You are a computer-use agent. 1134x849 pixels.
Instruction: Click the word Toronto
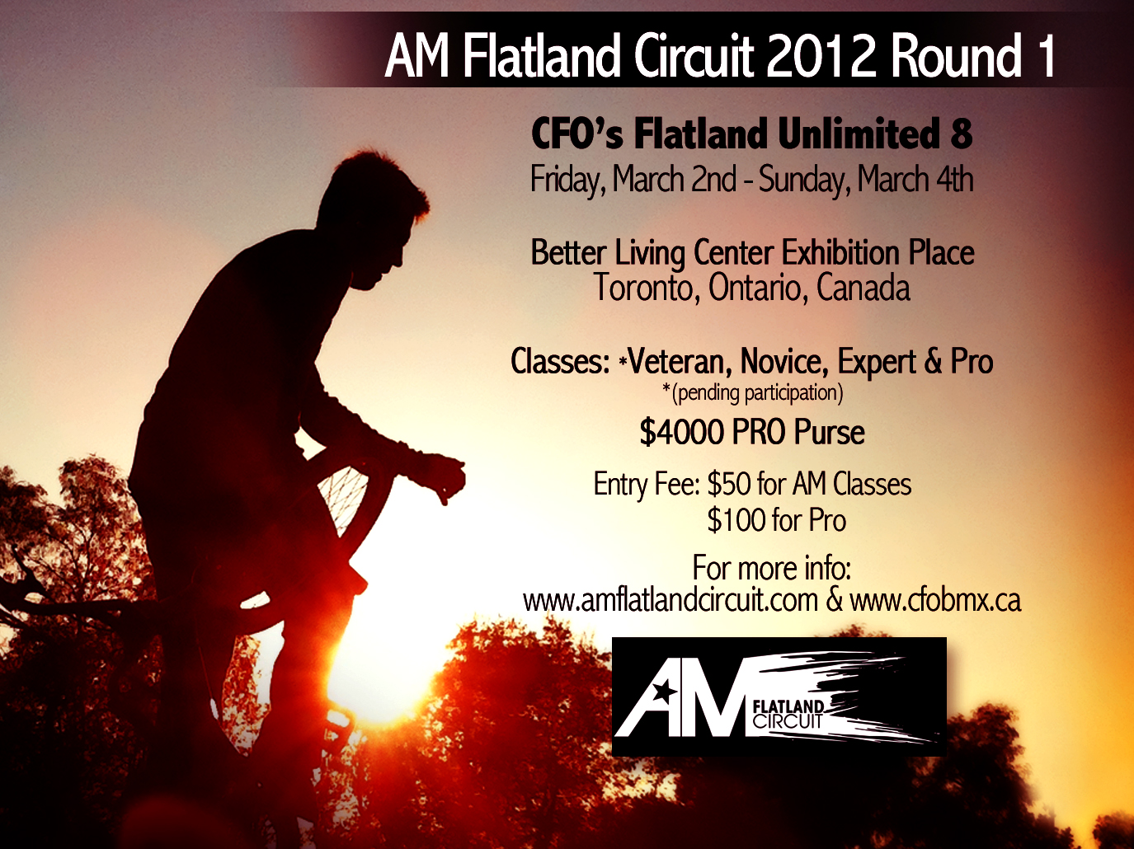[x=644, y=288]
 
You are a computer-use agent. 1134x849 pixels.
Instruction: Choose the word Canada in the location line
[x=863, y=288]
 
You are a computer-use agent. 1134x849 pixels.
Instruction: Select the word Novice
[x=781, y=361]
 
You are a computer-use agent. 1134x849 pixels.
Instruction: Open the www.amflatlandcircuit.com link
[x=670, y=601]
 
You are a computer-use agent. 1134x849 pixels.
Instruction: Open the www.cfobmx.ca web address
[x=935, y=601]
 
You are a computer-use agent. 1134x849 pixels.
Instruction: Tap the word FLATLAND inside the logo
[x=788, y=706]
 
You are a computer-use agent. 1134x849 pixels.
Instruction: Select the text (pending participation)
[x=753, y=393]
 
